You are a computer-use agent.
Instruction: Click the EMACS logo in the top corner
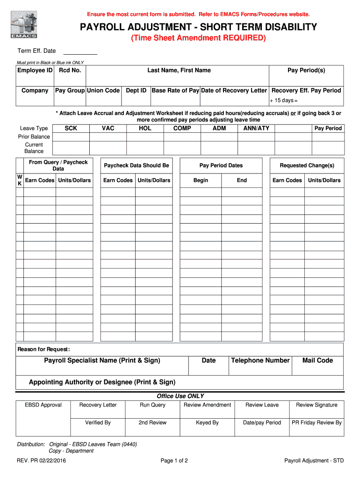(x=23, y=24)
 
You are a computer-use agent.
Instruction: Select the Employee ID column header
(x=35, y=70)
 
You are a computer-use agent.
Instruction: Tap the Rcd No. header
(x=70, y=70)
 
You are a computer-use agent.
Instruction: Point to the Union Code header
(x=103, y=90)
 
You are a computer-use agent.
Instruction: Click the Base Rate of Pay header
(x=175, y=90)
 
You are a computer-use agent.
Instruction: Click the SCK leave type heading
(x=71, y=128)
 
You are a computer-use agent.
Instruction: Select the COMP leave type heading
(x=182, y=128)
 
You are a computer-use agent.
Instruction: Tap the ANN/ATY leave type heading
(x=256, y=128)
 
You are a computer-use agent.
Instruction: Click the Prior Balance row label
(x=34, y=137)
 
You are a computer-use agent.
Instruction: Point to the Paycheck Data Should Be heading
(x=137, y=166)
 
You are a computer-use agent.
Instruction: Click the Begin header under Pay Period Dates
(x=201, y=180)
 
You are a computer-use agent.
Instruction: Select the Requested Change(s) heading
(x=307, y=166)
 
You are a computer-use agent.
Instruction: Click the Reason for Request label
(x=43, y=349)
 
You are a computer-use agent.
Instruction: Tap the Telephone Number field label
(x=260, y=360)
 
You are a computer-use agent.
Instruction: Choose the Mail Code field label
(x=317, y=360)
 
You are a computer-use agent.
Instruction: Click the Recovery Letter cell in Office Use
(x=98, y=405)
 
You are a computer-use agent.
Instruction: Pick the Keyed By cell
(x=207, y=422)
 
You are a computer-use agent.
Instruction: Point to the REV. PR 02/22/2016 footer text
(x=41, y=461)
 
